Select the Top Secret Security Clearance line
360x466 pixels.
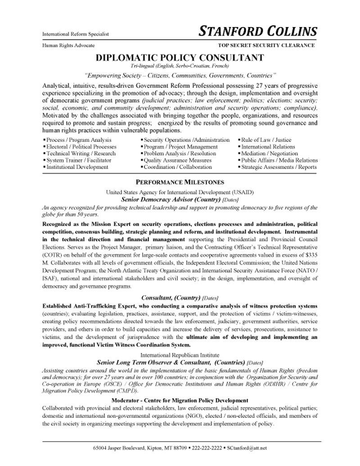(x=266, y=45)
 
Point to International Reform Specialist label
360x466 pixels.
(x=76, y=34)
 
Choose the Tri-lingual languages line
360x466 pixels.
(x=180, y=66)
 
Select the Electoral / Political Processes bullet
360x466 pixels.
(x=81, y=147)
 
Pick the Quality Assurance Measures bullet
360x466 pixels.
(x=177, y=160)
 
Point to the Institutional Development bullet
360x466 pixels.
(x=77, y=167)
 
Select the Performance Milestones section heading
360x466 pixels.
(x=180, y=182)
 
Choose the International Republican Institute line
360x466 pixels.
(x=180, y=355)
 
